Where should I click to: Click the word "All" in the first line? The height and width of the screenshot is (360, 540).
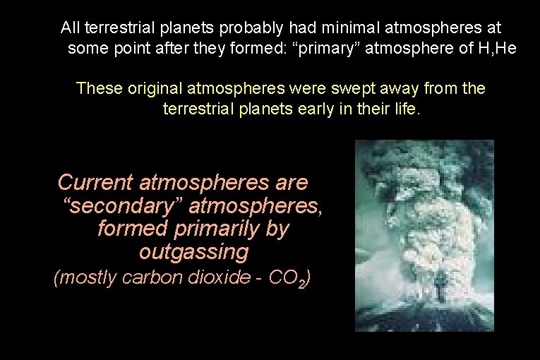tap(71, 28)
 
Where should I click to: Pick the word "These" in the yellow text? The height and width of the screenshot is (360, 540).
tap(100, 89)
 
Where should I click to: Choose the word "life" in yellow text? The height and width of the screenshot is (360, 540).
tap(405, 110)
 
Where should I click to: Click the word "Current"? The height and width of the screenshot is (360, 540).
tap(95, 183)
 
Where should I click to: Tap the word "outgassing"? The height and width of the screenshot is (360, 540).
tap(194, 252)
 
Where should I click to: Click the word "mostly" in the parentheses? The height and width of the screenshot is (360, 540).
tap(88, 278)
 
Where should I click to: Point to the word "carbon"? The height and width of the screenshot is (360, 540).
tap(148, 278)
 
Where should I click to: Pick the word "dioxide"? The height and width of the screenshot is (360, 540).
tap(210, 278)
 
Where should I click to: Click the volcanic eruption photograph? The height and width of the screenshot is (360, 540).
tap(424, 236)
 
